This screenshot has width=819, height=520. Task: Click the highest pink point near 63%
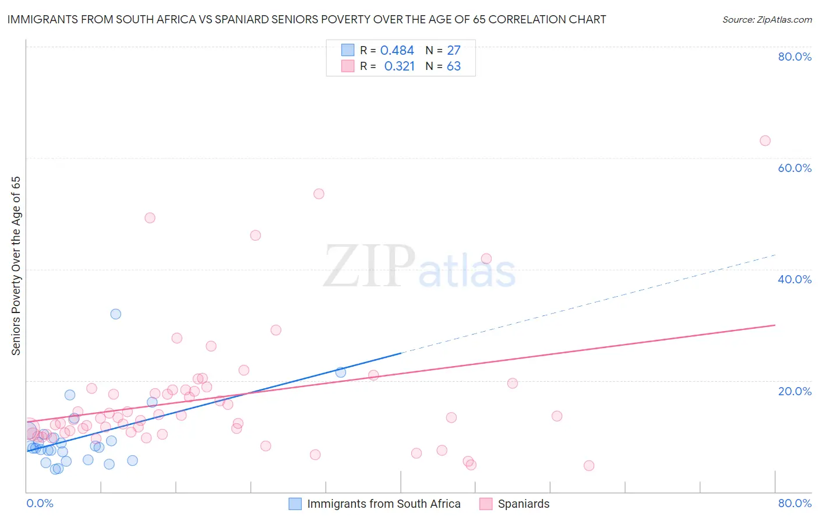click(x=765, y=140)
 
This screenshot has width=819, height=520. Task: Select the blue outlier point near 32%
click(x=116, y=314)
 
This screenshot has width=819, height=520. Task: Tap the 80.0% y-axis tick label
click(x=795, y=57)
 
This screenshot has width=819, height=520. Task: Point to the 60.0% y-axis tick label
click(x=795, y=168)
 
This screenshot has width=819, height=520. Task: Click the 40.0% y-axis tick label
click(x=795, y=279)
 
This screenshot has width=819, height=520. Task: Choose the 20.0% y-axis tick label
click(x=795, y=391)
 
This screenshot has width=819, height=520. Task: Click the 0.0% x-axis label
click(x=40, y=503)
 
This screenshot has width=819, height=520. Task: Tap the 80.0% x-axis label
click(x=795, y=503)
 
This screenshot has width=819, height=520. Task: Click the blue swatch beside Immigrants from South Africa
click(x=295, y=504)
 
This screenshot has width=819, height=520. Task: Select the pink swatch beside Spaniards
click(x=486, y=504)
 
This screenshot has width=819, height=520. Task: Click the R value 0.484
click(x=397, y=51)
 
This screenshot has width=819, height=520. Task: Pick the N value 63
click(x=454, y=66)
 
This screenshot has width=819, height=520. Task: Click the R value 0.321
click(x=399, y=66)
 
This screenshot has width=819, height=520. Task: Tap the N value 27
click(x=454, y=51)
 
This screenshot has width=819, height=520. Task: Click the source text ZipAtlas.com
click(x=784, y=19)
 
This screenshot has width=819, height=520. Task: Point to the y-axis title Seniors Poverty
click(x=16, y=265)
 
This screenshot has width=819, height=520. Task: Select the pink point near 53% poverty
click(x=319, y=194)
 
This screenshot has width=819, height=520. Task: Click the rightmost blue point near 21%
click(x=341, y=372)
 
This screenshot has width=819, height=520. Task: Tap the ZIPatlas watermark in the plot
click(x=419, y=267)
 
